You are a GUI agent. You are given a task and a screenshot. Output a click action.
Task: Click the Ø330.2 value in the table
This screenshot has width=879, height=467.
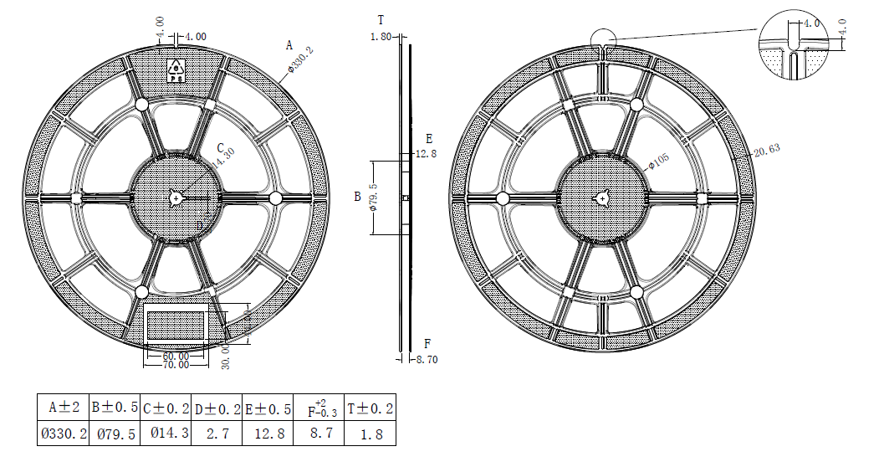(63, 434)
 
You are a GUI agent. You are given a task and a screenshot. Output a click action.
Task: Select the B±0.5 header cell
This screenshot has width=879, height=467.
(115, 408)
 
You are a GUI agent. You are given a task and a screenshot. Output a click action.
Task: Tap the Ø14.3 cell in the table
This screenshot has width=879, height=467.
(166, 434)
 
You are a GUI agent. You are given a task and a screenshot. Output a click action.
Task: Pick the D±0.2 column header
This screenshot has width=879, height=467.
(217, 408)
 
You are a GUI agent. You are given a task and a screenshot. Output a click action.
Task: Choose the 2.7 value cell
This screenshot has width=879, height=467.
(217, 434)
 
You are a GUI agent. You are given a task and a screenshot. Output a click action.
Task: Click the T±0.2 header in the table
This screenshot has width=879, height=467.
(370, 408)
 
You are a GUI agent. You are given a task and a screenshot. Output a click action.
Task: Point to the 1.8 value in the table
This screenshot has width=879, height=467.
(370, 434)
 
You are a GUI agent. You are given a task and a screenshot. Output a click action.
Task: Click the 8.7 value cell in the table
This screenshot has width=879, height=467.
(318, 434)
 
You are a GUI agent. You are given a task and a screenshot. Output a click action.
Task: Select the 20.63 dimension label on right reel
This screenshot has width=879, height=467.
(766, 151)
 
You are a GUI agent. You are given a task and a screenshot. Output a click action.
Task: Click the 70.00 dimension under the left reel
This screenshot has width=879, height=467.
(174, 366)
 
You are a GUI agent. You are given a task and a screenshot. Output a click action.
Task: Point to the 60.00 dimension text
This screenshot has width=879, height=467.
(174, 356)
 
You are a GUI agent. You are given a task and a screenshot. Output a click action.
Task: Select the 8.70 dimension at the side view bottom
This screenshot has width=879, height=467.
(427, 359)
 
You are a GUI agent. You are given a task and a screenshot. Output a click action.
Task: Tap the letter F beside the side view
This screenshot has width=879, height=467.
(427, 344)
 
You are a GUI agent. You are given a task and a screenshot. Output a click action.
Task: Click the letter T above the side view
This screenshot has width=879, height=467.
(381, 19)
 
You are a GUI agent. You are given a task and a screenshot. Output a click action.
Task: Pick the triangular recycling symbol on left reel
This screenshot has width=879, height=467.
(176, 67)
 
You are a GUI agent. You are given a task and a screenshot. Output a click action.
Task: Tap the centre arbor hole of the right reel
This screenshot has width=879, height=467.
(603, 198)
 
